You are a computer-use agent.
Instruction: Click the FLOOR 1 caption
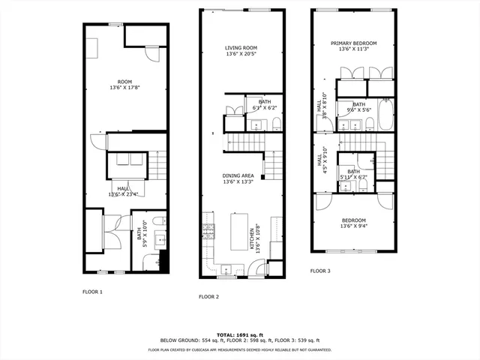tap(92, 291)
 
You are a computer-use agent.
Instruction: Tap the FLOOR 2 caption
tap(208, 297)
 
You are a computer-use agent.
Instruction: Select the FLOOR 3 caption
tap(320, 270)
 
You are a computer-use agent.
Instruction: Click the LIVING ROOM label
tap(240, 47)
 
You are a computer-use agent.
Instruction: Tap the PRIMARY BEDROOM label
tap(353, 43)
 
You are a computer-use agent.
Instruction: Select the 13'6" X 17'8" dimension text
tap(124, 87)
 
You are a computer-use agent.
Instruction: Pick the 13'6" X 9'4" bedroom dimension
tap(353, 226)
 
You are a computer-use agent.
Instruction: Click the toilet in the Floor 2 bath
tap(276, 124)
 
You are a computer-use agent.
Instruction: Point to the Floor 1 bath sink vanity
tap(160, 241)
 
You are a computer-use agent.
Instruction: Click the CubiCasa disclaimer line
tap(240, 349)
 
